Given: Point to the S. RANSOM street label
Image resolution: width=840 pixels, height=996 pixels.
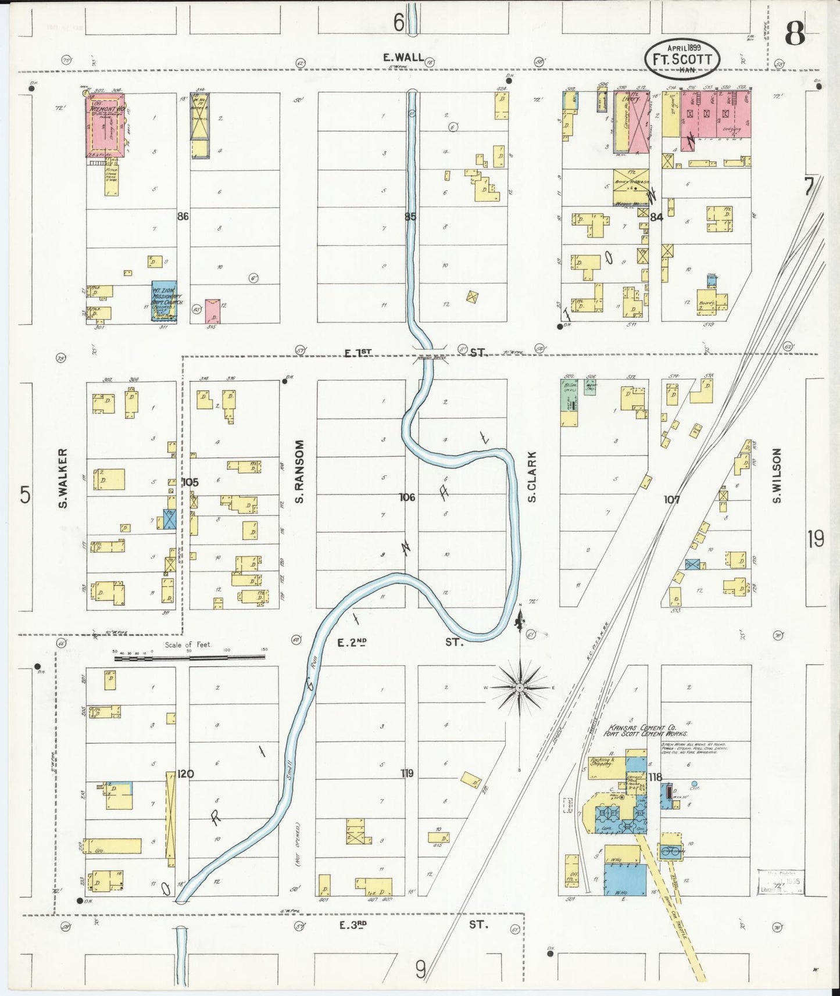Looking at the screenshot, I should (299, 471).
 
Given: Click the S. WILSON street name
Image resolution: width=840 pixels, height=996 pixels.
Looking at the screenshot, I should (777, 476).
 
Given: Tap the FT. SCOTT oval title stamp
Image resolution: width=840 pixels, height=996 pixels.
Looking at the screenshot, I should (682, 59).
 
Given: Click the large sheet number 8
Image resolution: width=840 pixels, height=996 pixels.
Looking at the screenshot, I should (795, 35).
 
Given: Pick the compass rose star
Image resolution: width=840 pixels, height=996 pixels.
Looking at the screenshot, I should (519, 688).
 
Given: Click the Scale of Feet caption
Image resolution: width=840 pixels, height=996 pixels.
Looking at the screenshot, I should (188, 644).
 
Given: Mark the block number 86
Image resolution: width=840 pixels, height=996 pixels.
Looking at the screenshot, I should (183, 216).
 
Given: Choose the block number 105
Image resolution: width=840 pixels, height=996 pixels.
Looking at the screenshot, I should (190, 482).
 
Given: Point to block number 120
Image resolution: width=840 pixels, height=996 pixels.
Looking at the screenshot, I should (185, 773).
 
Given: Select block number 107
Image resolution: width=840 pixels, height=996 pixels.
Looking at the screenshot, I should (671, 499).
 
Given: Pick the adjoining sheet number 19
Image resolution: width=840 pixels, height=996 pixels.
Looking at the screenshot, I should (815, 539).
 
